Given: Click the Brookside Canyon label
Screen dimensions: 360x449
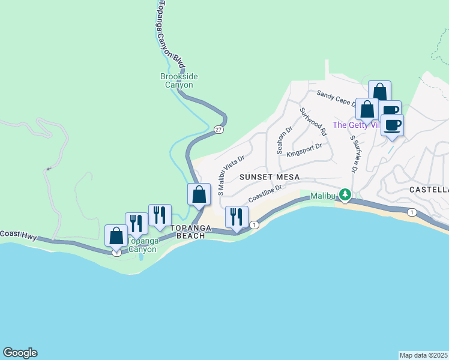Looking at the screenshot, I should tap(179, 80).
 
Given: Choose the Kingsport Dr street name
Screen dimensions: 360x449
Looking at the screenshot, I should tap(304, 149).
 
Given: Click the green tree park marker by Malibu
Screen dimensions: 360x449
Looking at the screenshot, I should tap(345, 194).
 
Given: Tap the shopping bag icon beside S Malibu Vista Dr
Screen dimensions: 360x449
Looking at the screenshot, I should tap(199, 195).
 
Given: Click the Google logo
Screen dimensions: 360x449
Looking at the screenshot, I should tap(20, 353).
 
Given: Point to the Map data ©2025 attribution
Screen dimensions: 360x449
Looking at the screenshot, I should tap(423, 355).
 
